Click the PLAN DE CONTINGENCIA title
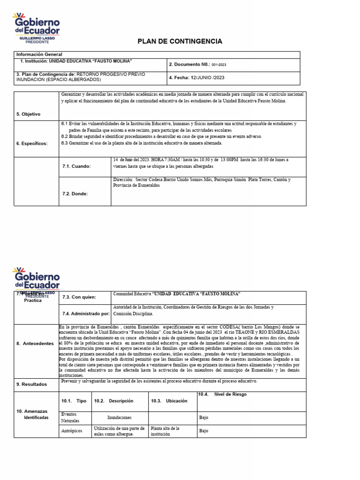pyautogui.click(x=180, y=42)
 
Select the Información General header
pyautogui.click(x=39, y=54)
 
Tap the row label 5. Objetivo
pyautogui.click(x=29, y=114)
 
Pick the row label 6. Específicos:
pyautogui.click(x=32, y=143)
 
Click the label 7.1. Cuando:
pyautogui.click(x=76, y=166)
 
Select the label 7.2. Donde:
pyautogui.click(x=75, y=193)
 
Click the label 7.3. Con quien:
pyautogui.click(x=79, y=297)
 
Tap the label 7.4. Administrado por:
pyautogui.click(x=86, y=313)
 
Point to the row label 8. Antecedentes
pyautogui.click(x=35, y=344)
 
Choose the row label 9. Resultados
pyautogui.click(x=32, y=384)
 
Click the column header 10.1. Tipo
pyautogui.click(x=74, y=401)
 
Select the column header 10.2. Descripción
pyautogui.click(x=114, y=401)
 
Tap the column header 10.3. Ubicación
pyautogui.click(x=169, y=401)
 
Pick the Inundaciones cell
pyautogui.click(x=120, y=417)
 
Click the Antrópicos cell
pyautogui.click(x=73, y=430)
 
